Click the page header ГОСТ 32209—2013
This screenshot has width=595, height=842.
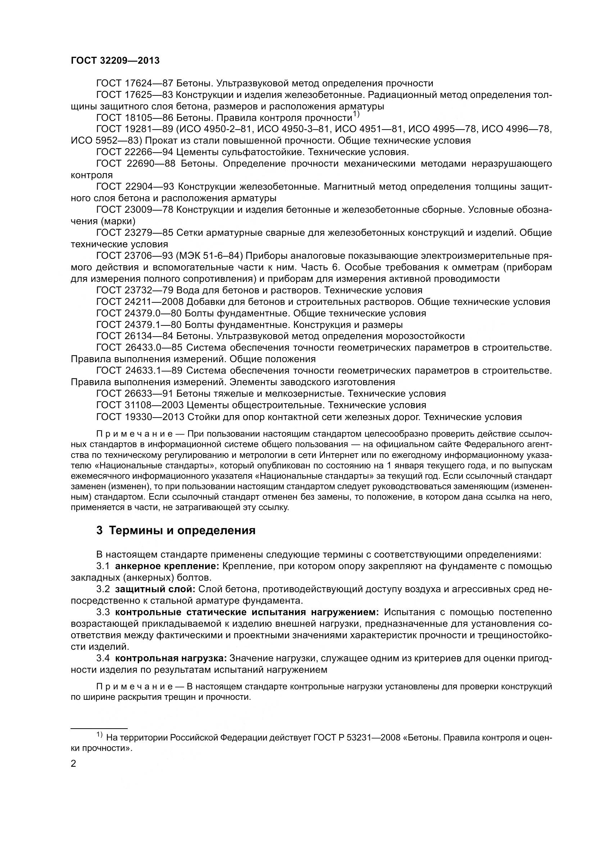tap(115, 61)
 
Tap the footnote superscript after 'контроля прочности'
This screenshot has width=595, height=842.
tap(356, 115)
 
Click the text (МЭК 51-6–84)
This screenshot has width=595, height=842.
tap(212, 256)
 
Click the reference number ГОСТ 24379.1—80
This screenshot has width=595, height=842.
tap(138, 325)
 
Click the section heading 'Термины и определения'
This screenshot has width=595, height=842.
tap(182, 531)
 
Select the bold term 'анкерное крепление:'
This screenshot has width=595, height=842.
tap(167, 566)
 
